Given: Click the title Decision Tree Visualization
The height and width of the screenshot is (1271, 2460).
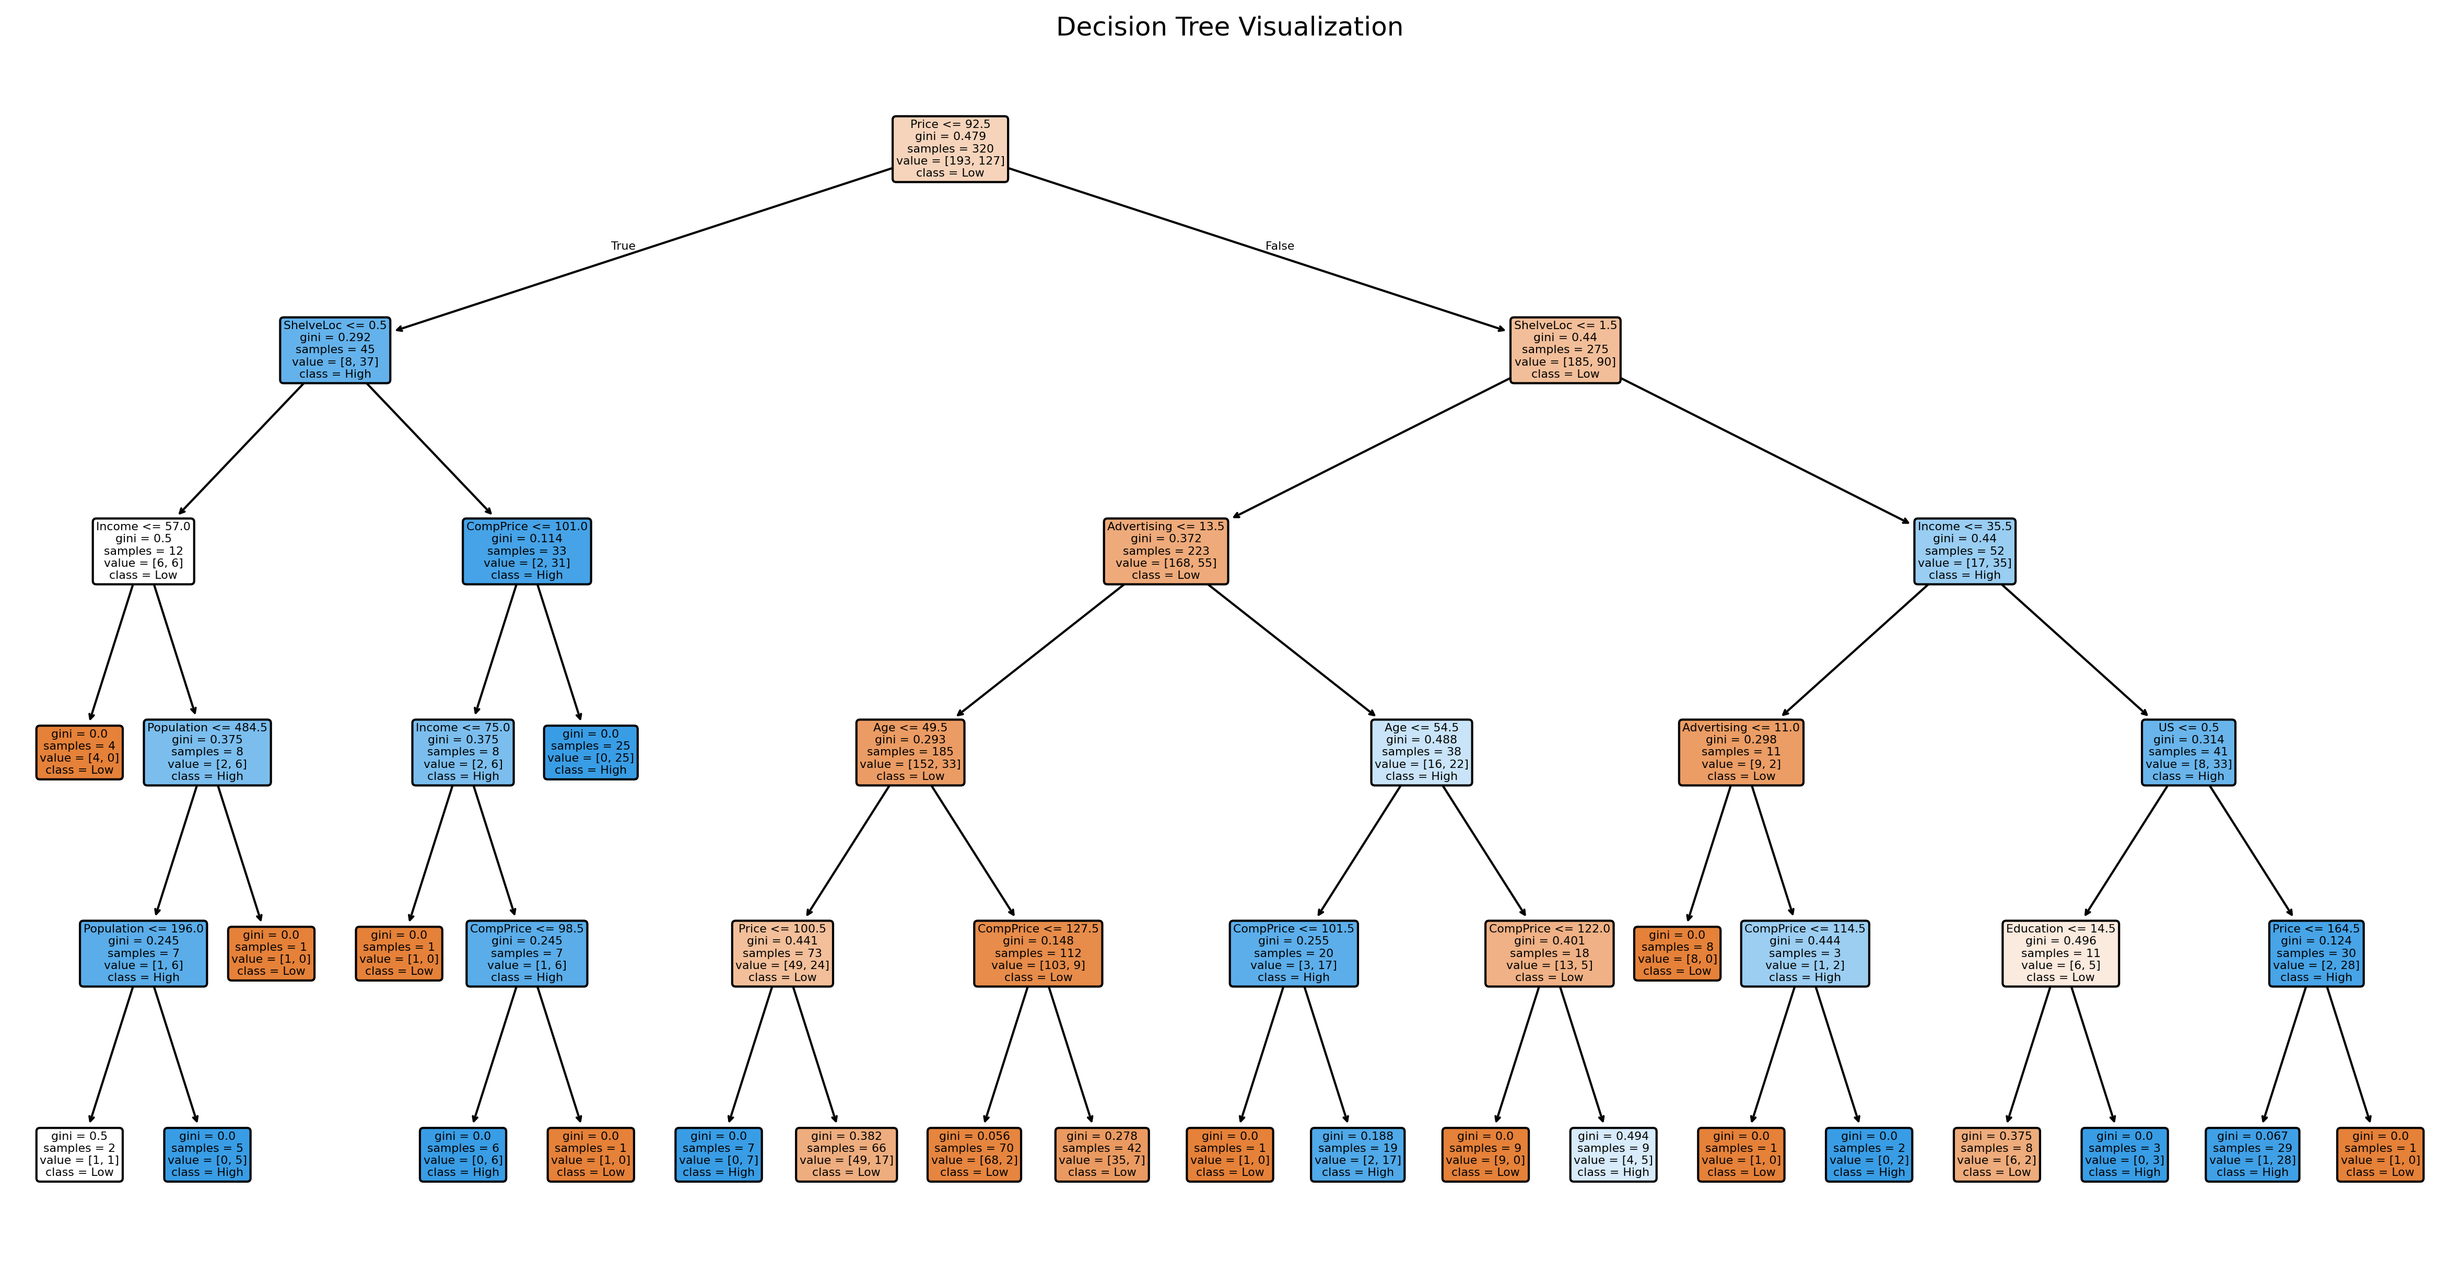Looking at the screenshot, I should (x=1229, y=27).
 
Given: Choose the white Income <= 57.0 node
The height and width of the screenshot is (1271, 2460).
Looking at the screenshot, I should (x=143, y=551).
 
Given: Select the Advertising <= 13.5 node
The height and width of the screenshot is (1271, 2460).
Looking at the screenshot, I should (x=1165, y=551).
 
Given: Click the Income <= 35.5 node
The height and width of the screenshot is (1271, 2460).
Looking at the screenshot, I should (x=1964, y=551).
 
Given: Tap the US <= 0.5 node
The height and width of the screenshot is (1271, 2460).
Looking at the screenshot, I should (x=2188, y=752).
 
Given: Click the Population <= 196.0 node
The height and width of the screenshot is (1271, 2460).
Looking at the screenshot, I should (x=143, y=953).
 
